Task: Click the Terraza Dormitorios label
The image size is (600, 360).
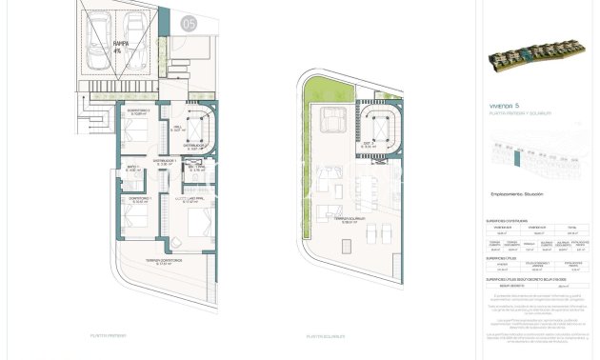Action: tap(164, 263)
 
